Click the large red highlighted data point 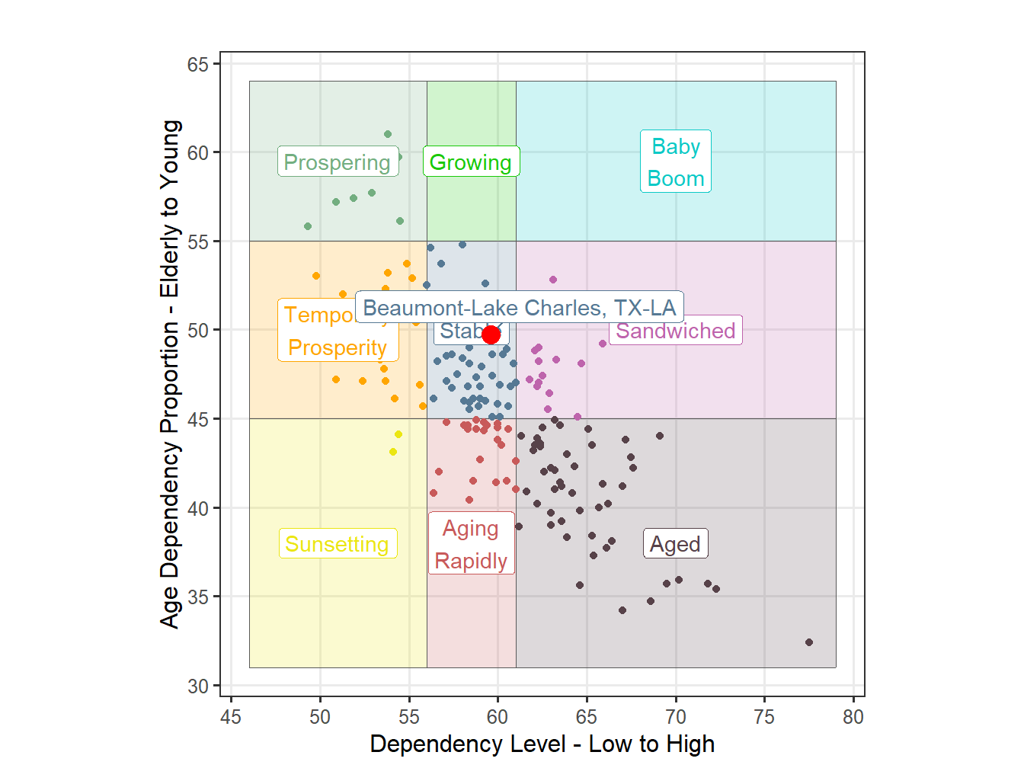pyautogui.click(x=491, y=334)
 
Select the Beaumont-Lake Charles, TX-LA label pyautogui.click(x=519, y=308)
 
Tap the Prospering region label pyautogui.click(x=338, y=162)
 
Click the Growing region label pyautogui.click(x=471, y=162)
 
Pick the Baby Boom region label pyautogui.click(x=676, y=162)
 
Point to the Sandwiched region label pyautogui.click(x=675, y=331)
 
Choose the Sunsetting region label pyautogui.click(x=338, y=544)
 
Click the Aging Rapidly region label pyautogui.click(x=471, y=545)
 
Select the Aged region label pyautogui.click(x=675, y=544)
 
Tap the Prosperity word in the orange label pyautogui.click(x=338, y=348)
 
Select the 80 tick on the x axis pyautogui.click(x=853, y=717)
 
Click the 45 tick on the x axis pyautogui.click(x=231, y=717)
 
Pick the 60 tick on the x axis pyautogui.click(x=498, y=717)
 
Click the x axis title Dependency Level pyautogui.click(x=542, y=744)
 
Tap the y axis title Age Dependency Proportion pyautogui.click(x=170, y=373)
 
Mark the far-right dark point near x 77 pyautogui.click(x=809, y=642)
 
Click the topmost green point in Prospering pyautogui.click(x=388, y=134)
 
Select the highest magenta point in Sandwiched pyautogui.click(x=553, y=280)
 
